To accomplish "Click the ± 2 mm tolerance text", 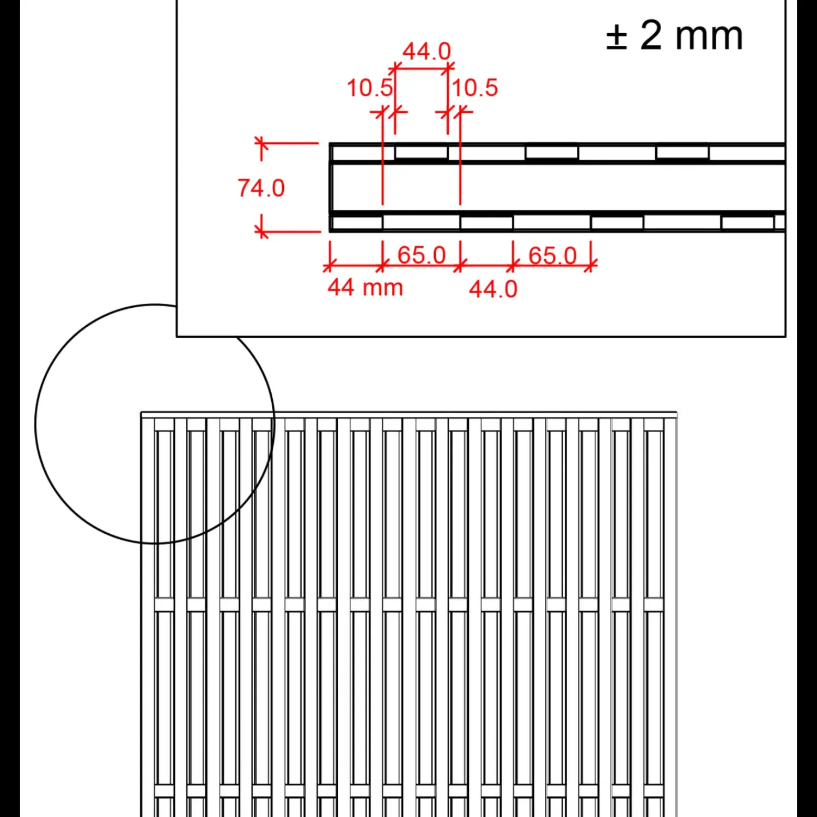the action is click(x=674, y=36).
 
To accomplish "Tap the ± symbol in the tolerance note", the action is click(x=617, y=37).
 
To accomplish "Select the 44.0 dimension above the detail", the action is click(x=427, y=52).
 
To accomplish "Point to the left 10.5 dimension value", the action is click(x=370, y=88).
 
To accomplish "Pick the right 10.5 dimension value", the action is click(x=475, y=88).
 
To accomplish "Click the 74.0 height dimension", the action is click(x=261, y=188).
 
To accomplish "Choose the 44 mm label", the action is click(x=365, y=287).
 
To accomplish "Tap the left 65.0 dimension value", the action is click(x=422, y=255).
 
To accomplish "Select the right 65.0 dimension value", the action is click(x=552, y=255).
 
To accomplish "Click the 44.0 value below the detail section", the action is click(x=493, y=289).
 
